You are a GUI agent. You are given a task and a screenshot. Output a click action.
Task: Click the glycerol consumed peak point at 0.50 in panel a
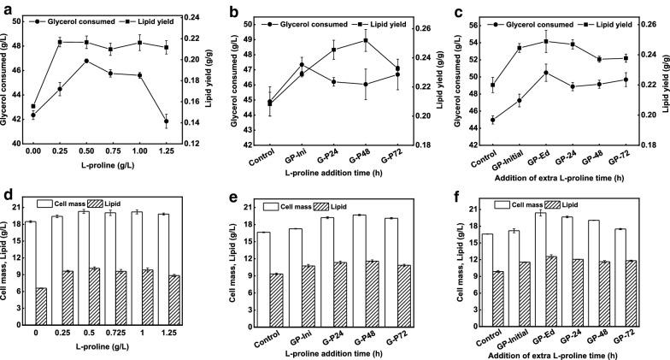[x=86, y=61]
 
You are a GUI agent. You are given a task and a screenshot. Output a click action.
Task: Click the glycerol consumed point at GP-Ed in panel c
[x=545, y=73]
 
